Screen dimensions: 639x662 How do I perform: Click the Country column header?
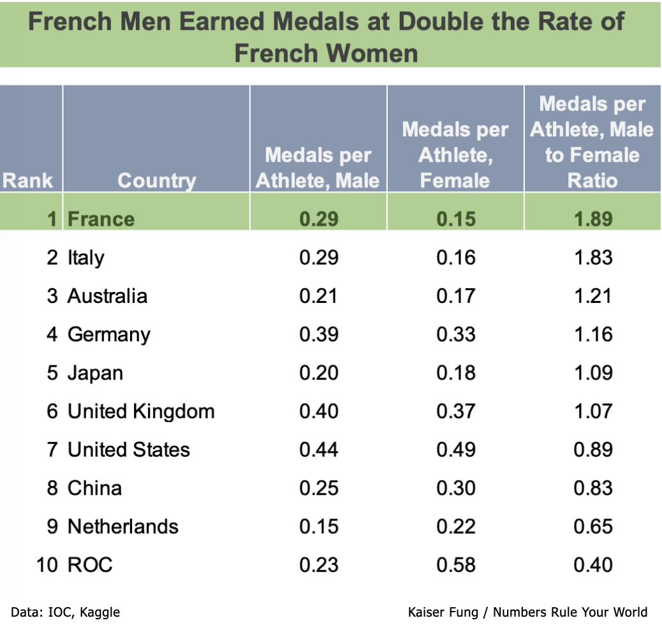point(156,180)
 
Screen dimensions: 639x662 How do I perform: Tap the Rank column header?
point(27,180)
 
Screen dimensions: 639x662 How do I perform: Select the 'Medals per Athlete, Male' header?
point(318,168)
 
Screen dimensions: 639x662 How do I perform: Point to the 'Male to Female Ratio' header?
point(592,142)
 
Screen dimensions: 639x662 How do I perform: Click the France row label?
point(101,219)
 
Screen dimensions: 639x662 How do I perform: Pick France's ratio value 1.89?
point(592,219)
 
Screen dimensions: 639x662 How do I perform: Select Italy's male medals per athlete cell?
point(318,258)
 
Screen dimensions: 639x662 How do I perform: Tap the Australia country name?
point(107,296)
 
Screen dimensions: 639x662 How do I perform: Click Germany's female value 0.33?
point(455,334)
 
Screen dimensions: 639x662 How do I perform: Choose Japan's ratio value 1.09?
point(592,372)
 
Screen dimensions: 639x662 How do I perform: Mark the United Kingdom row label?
point(141,411)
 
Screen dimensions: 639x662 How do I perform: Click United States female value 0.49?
point(455,450)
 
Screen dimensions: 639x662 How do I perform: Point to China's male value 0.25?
point(318,488)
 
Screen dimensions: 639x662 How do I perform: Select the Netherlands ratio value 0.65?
point(592,526)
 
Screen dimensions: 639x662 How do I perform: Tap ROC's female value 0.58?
point(455,564)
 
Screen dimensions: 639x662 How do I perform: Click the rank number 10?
point(47,564)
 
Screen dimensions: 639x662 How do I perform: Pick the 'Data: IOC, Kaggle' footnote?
point(65,613)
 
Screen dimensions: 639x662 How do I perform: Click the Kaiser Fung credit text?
point(527,613)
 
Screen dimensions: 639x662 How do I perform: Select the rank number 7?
point(52,450)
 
